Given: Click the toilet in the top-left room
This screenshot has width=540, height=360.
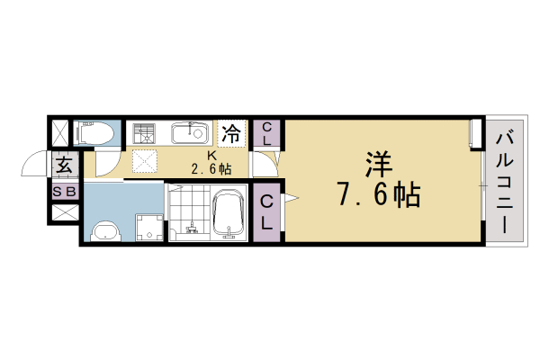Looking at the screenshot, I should tap(95, 134).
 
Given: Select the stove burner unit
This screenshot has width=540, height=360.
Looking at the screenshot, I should tap(143, 135).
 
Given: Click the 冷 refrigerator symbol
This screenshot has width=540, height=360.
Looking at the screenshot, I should tap(231, 134).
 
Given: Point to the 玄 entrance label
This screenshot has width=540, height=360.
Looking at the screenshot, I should tap(64, 166).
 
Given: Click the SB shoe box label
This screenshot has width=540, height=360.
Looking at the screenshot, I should tap(63, 192).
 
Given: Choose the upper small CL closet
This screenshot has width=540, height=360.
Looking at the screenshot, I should tap(267, 134).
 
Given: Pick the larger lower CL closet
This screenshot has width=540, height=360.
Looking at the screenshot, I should tap(268, 212).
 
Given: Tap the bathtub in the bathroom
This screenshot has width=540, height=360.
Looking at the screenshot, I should tap(231, 216).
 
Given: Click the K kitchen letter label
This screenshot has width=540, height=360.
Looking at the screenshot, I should tap(211, 155).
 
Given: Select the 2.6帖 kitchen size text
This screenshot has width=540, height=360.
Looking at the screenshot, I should tap(211, 169).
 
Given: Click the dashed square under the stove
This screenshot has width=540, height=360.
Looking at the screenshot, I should tap(143, 160).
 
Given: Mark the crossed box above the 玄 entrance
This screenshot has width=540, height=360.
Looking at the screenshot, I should tap(59, 132).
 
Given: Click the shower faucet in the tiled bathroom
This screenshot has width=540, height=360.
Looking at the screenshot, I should tap(190, 230).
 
